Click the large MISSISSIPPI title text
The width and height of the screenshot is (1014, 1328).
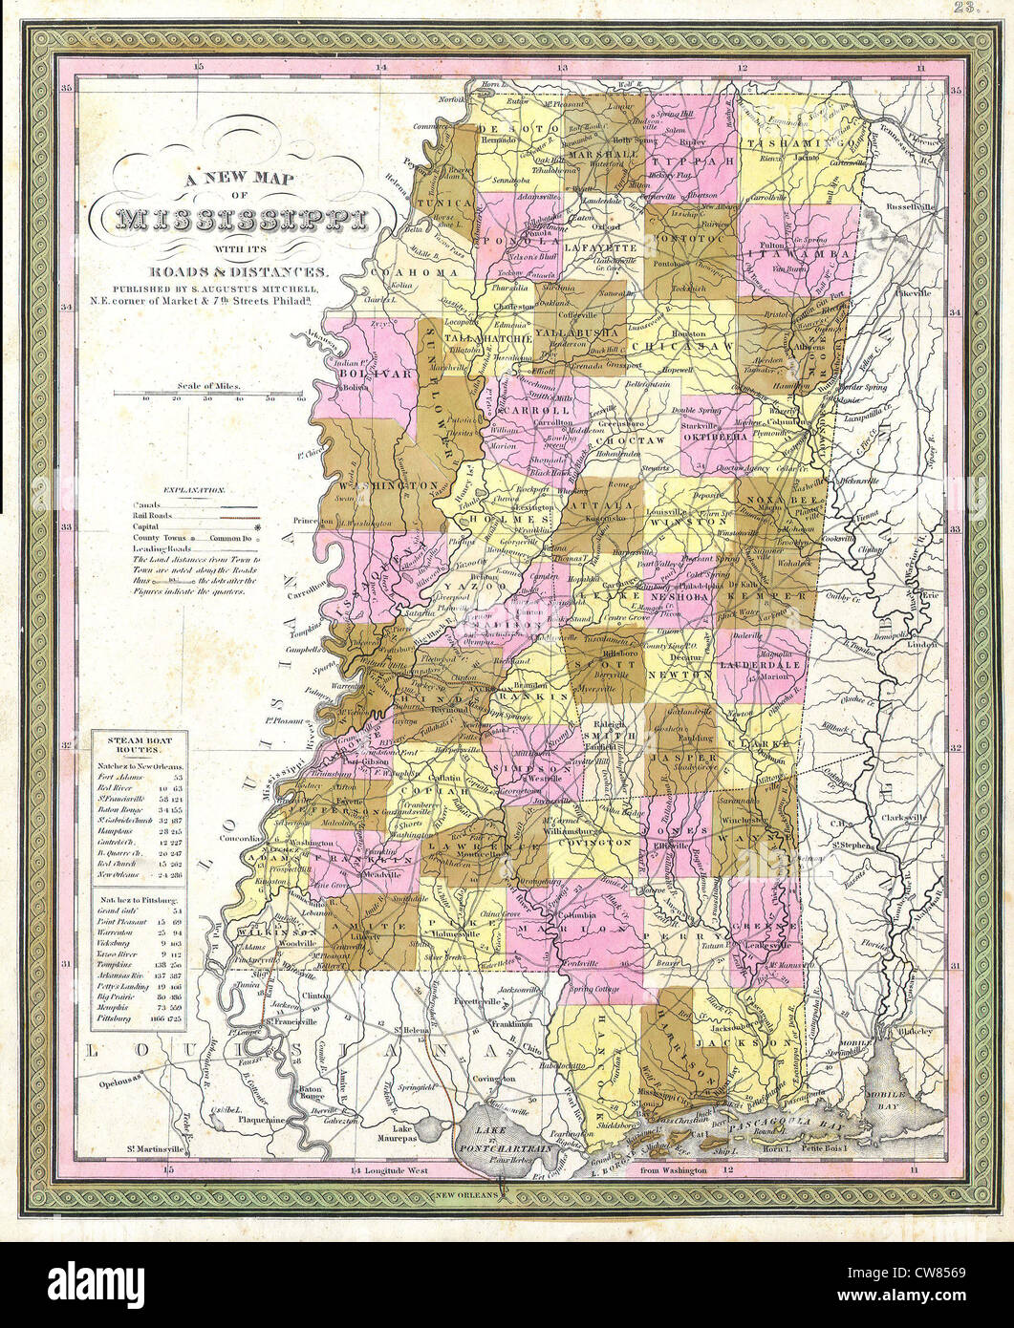click(241, 222)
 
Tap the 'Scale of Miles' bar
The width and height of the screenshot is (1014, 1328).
click(208, 393)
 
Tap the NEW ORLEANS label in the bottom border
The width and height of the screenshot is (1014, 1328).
click(465, 1194)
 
